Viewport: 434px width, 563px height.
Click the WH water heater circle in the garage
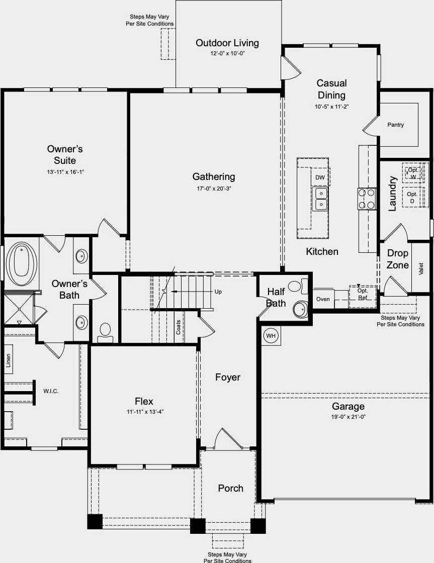coord(271,336)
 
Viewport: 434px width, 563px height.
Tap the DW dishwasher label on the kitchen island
coord(320,177)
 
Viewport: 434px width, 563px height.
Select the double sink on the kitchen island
coord(319,199)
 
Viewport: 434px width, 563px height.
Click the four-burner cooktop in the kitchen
coord(367,199)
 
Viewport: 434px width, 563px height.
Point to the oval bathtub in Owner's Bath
coord(22,264)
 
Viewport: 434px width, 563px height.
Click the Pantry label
coord(395,125)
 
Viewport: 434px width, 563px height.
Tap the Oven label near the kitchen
coord(323,299)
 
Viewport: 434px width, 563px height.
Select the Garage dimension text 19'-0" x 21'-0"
coord(348,417)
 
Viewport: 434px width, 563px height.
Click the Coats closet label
coord(178,327)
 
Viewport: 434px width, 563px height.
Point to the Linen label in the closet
coord(8,360)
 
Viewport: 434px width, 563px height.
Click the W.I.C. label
coord(51,391)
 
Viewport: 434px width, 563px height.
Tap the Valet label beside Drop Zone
coord(421,268)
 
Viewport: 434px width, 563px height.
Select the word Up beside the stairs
coord(218,292)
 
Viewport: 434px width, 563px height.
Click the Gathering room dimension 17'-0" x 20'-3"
coord(214,189)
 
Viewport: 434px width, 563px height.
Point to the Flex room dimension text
coord(145,412)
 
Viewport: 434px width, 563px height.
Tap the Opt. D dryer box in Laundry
coord(412,197)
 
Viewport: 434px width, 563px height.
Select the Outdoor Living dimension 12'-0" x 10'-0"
coord(228,53)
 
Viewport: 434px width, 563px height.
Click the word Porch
coord(231,488)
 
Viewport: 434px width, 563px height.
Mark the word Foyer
coord(228,378)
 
